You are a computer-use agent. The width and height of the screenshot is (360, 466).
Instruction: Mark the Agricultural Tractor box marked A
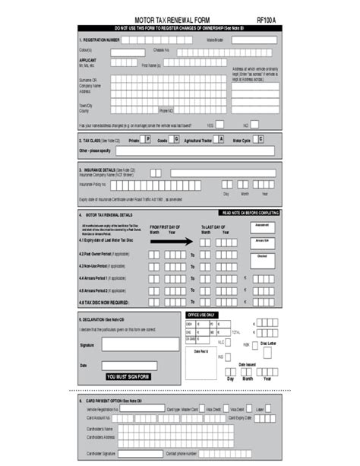pyautogui.click(x=220, y=140)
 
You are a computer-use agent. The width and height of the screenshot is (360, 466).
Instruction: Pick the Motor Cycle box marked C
pyautogui.click(x=260, y=140)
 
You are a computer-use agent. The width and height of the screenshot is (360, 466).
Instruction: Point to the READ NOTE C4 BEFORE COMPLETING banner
pyautogui.click(x=250, y=214)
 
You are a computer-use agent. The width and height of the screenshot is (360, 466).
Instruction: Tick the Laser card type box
pyautogui.click(x=270, y=409)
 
